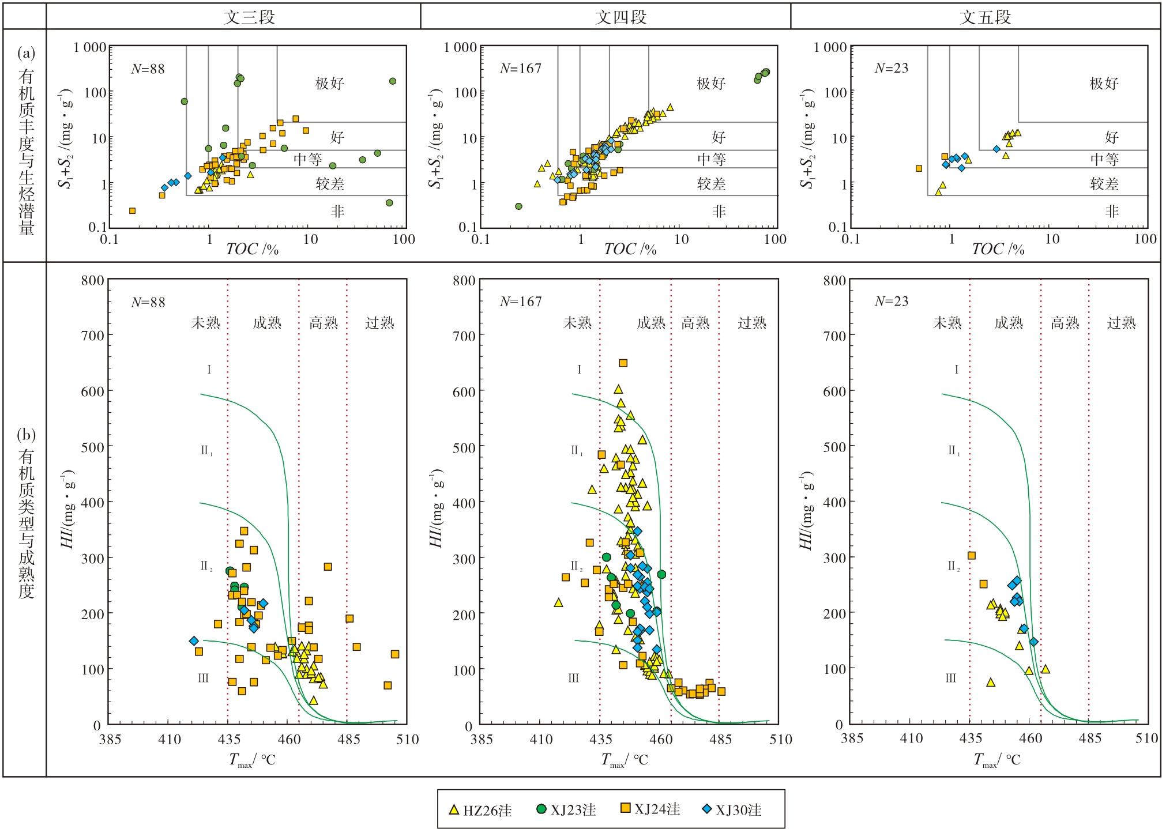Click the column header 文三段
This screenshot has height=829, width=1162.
249,17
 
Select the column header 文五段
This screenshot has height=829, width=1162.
985,17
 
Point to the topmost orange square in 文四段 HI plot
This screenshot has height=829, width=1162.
623,363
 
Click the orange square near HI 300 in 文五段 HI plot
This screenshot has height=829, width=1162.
971,555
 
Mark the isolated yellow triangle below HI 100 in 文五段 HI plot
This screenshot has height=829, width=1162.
991,682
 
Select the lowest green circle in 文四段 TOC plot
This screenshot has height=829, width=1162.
518,206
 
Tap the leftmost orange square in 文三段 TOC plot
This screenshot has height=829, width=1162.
132,210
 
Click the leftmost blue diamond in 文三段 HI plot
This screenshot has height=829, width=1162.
194,640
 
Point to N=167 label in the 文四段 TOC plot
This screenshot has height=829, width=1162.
520,68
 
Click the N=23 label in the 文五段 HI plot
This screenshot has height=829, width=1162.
891,301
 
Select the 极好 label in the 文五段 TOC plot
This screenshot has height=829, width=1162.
1104,83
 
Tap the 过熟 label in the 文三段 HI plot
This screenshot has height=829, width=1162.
379,322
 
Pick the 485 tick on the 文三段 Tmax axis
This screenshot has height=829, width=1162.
348,738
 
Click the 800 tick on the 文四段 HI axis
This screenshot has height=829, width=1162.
465,280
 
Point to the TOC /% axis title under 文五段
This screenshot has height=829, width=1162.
998,248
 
